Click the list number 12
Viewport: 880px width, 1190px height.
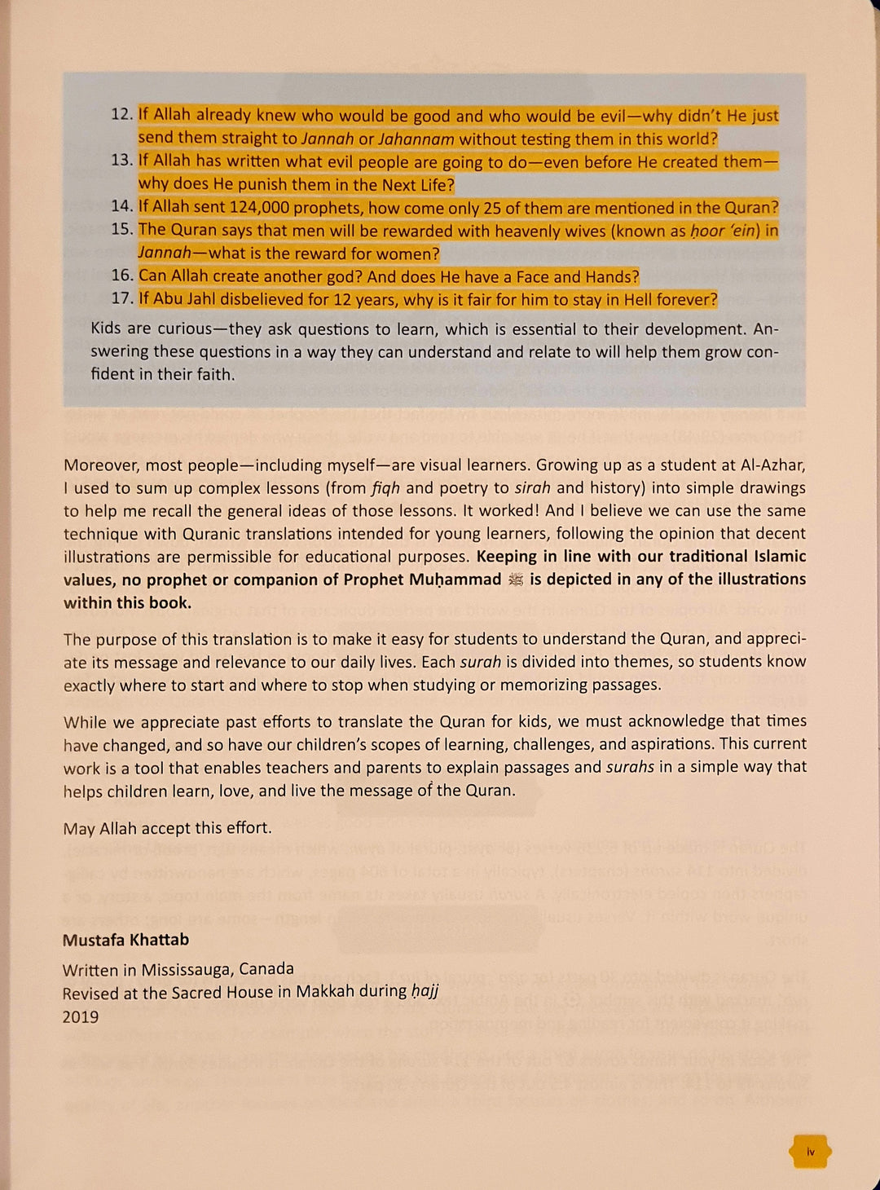(121, 114)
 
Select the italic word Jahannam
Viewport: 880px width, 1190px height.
(416, 139)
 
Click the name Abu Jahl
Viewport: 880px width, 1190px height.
(185, 299)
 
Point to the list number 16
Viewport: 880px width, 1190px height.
(121, 275)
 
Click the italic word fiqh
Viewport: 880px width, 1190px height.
(385, 488)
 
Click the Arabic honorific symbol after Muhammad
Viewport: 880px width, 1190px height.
(515, 580)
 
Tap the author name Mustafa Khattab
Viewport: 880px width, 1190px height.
(125, 940)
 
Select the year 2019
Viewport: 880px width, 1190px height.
(81, 1016)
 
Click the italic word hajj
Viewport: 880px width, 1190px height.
(425, 991)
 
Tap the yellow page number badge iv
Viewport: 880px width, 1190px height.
(810, 1152)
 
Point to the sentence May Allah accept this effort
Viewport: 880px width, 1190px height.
(167, 828)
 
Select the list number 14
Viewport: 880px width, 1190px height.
(121, 207)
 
